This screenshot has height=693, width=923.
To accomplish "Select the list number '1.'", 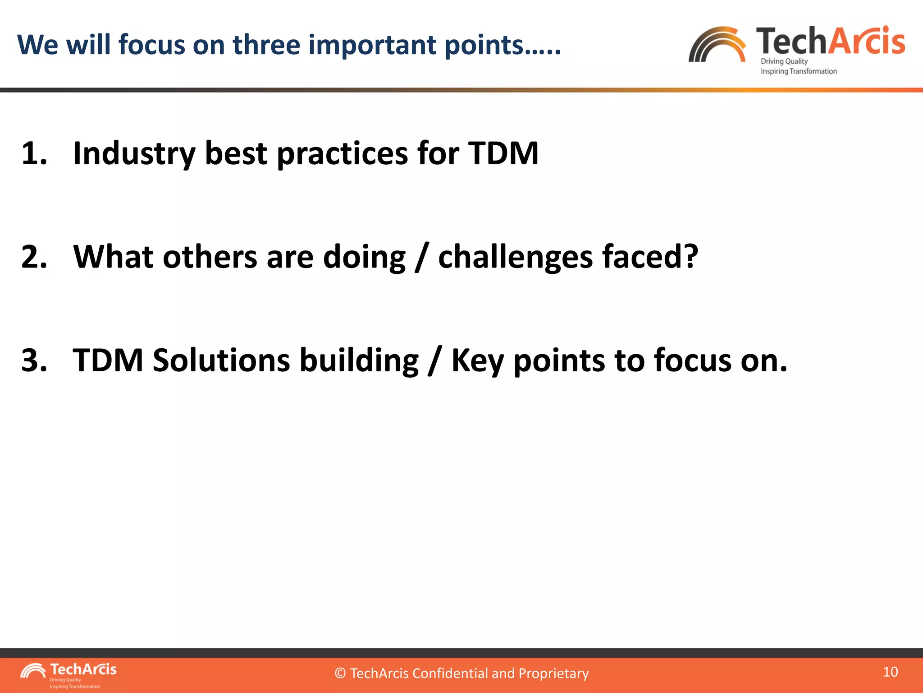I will tap(34, 153).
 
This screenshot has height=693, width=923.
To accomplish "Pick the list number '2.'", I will tap(34, 257).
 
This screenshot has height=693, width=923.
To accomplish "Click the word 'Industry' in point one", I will tap(134, 154).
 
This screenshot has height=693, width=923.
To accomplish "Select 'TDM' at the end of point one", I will tap(503, 153).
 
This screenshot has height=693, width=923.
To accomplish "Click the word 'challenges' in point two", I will tap(515, 258).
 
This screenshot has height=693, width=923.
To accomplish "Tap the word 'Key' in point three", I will tap(477, 361).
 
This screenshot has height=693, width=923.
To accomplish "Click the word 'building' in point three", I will tap(359, 361).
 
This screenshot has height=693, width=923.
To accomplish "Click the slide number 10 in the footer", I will tap(890, 672).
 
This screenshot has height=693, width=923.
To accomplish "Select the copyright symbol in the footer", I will tap(340, 674).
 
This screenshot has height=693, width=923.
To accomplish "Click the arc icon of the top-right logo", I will tap(717, 45).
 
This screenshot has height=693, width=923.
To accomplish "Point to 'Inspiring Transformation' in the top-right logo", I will tap(798, 71).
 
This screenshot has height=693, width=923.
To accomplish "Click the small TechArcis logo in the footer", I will tap(68, 675).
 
